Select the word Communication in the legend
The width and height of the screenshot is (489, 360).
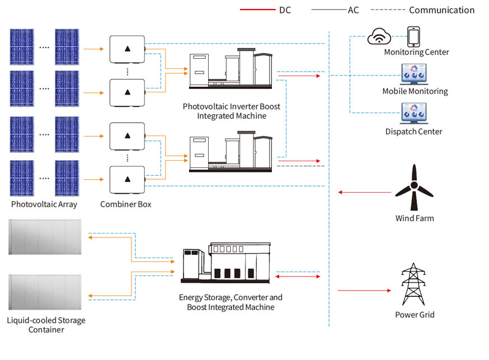(441, 10)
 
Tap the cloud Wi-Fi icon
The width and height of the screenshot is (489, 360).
(379, 38)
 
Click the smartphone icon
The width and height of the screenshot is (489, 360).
(413, 37)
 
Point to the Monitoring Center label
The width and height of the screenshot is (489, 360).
(416, 52)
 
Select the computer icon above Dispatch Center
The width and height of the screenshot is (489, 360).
(414, 113)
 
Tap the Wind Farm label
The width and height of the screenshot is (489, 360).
(414, 218)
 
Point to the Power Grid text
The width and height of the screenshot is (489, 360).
(415, 315)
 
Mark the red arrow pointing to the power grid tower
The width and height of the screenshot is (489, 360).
(364, 291)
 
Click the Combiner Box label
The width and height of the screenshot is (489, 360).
(126, 204)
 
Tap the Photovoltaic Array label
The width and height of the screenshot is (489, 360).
(44, 204)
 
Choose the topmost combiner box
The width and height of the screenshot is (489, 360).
(127, 49)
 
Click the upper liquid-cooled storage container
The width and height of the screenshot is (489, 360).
(44, 238)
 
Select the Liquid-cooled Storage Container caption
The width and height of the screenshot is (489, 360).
(46, 325)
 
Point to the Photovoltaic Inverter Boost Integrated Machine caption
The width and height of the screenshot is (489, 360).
(231, 111)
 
